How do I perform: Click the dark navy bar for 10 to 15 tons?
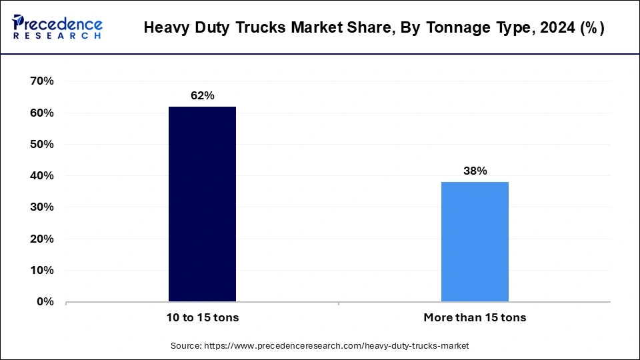click(x=202, y=204)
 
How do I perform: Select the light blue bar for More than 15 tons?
click(x=475, y=241)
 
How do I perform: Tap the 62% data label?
click(x=202, y=96)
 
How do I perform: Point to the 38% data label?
click(x=475, y=171)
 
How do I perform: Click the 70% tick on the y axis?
click(x=42, y=81)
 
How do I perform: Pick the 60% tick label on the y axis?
click(x=42, y=113)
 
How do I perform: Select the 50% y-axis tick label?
click(x=42, y=145)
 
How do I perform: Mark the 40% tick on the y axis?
click(x=42, y=176)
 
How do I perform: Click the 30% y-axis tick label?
click(x=42, y=207)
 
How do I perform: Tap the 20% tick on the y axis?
click(x=42, y=239)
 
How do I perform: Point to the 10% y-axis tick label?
click(x=42, y=271)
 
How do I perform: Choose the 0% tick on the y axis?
click(x=45, y=302)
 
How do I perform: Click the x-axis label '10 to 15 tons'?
click(x=202, y=318)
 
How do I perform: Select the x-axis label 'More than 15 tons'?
click(x=475, y=318)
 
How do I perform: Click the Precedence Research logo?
click(x=57, y=27)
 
